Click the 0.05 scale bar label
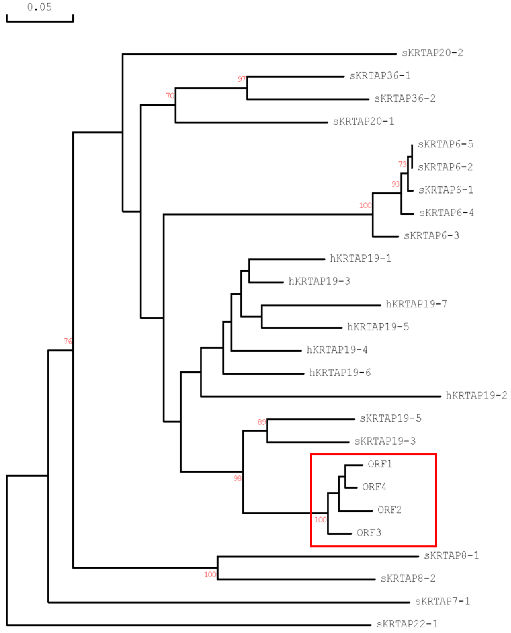39,7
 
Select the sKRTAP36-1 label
380,76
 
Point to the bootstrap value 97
242,79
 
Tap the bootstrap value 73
402,164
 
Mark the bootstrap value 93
395,184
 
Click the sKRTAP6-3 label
431,236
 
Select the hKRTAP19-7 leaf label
416,304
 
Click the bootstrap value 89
261,422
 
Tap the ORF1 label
380,464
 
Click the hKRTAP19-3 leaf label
319,281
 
